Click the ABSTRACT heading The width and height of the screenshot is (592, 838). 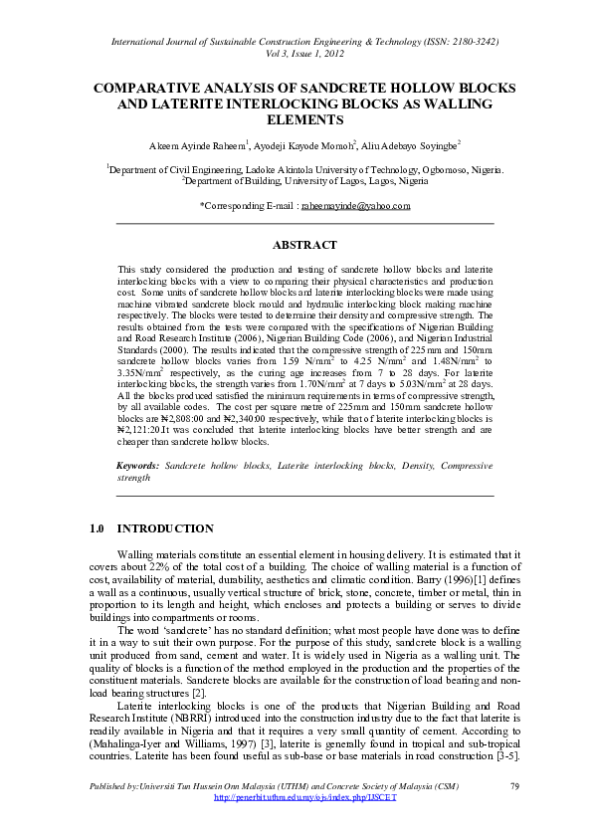coord(304,244)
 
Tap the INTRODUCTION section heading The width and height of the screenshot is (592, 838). coord(165,528)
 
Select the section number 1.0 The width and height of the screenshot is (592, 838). coord(98,528)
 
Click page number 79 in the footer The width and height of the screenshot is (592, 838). coord(514,787)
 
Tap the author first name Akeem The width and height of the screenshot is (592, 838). coord(165,144)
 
